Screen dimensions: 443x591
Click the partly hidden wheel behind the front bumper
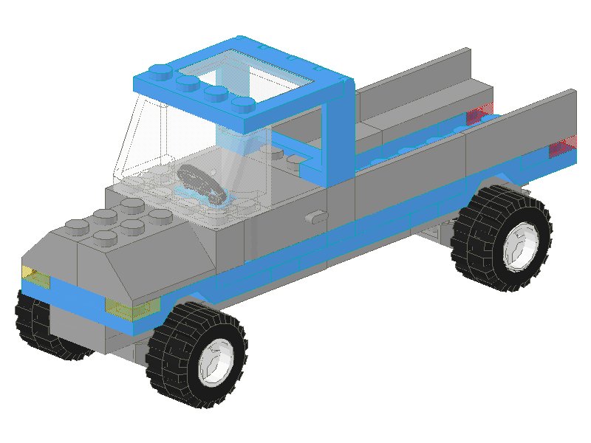coord(33,325)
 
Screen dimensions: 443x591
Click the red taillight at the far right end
coord(562,147)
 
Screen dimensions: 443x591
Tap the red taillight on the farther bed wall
coord(479,114)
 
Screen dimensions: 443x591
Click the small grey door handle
coord(316,217)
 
